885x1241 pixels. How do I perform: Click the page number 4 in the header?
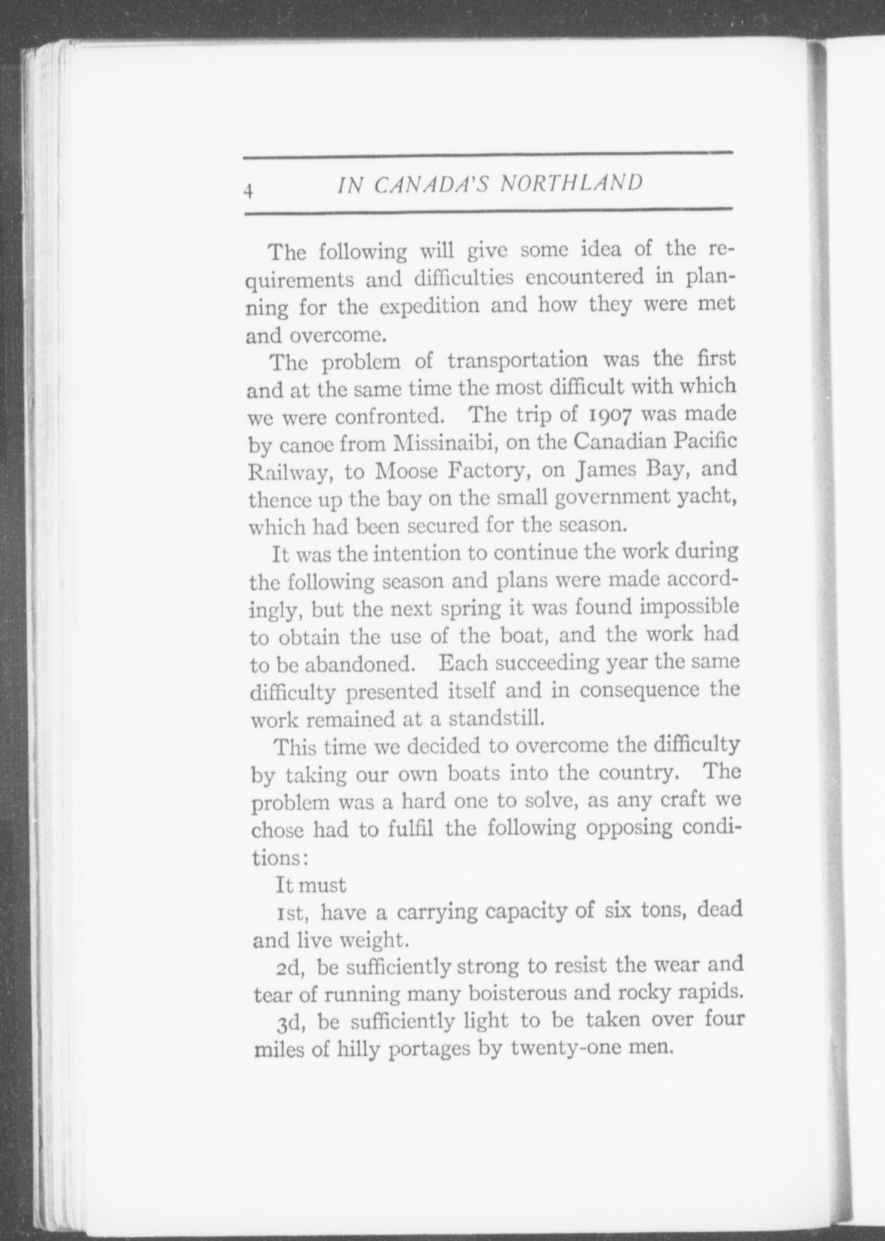pos(248,191)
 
